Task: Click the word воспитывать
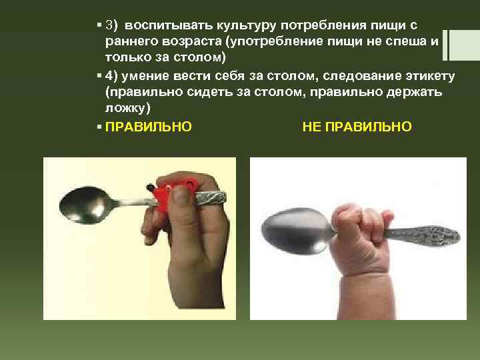coord(165,26)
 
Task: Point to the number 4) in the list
coord(113,76)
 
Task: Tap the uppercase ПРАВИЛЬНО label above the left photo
coord(149,125)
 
